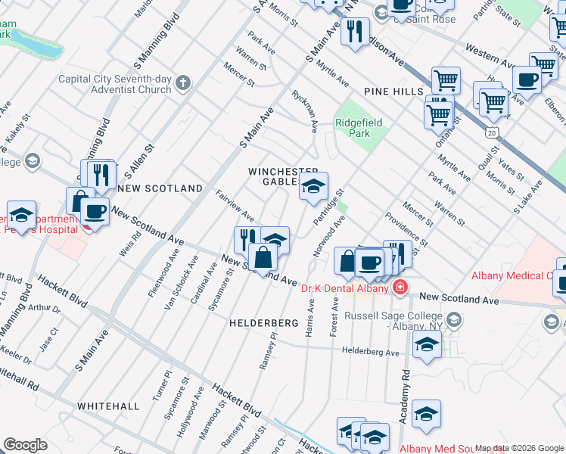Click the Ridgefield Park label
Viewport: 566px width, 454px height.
pos(360,128)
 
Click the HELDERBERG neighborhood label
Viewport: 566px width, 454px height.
pos(263,323)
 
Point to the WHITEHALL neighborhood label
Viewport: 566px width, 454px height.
pos(108,406)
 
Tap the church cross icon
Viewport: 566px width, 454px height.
pos(182,81)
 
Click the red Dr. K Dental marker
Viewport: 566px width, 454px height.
pos(399,288)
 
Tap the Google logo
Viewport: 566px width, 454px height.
pos(25,445)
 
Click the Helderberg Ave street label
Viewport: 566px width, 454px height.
pos(370,352)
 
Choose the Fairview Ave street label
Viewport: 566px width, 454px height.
pos(235,207)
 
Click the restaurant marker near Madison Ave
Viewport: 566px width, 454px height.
pos(354,32)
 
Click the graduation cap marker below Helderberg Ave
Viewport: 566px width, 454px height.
pos(427,345)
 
